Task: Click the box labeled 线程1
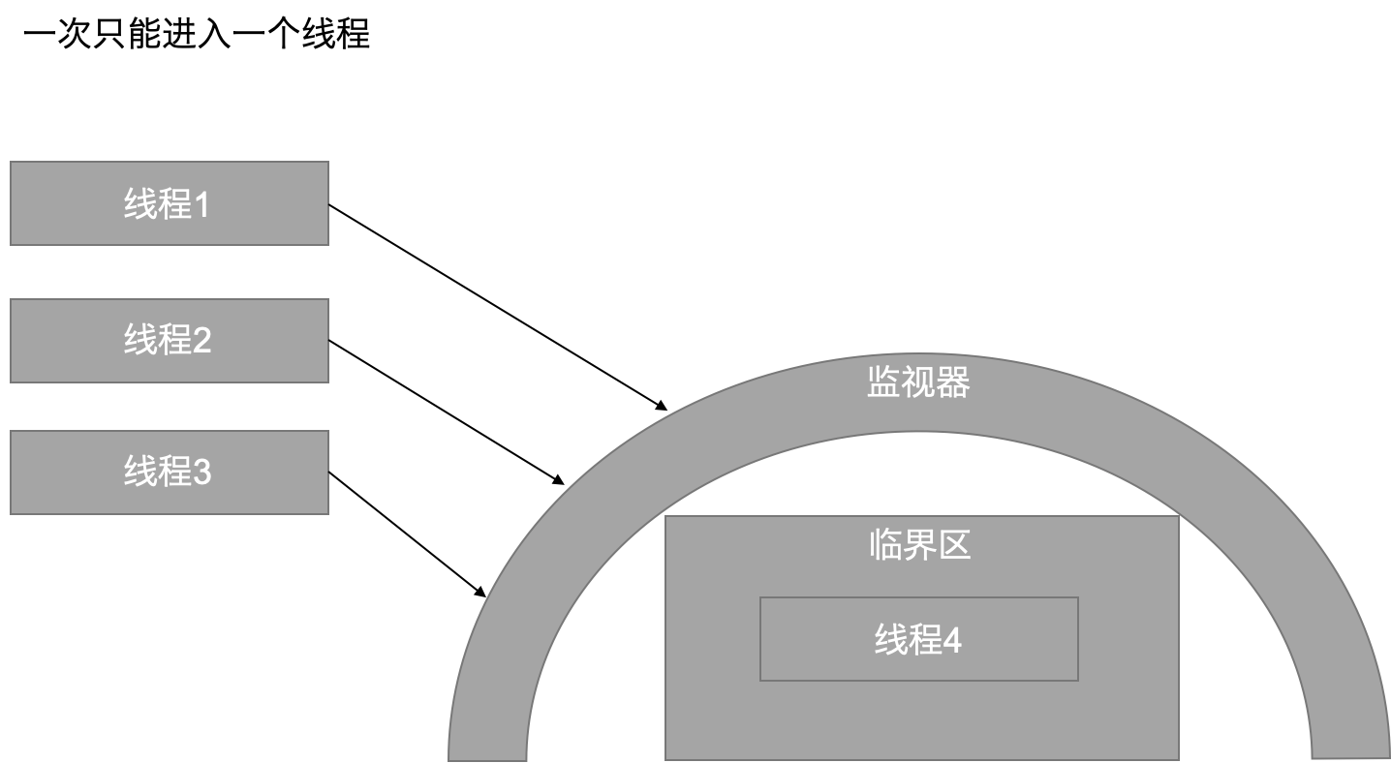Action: (x=169, y=203)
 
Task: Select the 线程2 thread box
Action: (x=169, y=340)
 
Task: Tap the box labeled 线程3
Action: (x=169, y=472)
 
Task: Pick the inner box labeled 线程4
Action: (x=918, y=639)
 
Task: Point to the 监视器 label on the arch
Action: (x=917, y=383)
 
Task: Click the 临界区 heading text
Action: (x=919, y=545)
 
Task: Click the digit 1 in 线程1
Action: (x=201, y=205)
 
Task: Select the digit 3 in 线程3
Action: (x=201, y=473)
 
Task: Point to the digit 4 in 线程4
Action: (x=952, y=641)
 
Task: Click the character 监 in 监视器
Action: (x=883, y=383)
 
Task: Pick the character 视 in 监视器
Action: (x=918, y=383)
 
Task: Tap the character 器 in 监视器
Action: (x=953, y=383)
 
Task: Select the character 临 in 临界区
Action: (x=885, y=545)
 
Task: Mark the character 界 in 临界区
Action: (x=919, y=545)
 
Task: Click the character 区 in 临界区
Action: (x=954, y=545)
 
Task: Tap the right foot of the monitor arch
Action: (x=1350, y=746)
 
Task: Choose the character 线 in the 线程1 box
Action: (x=141, y=204)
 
